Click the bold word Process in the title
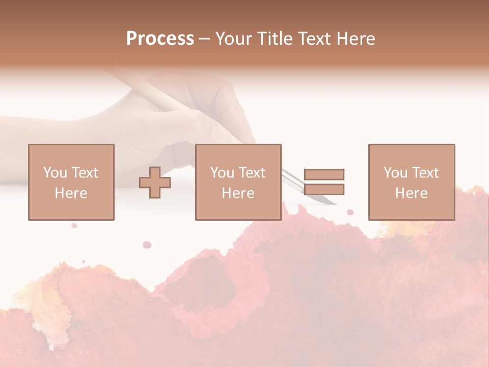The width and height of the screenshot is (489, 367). point(160,38)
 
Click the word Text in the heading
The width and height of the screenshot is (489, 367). point(312,39)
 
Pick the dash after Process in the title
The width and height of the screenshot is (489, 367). point(204,39)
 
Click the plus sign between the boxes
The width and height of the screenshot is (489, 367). point(155,182)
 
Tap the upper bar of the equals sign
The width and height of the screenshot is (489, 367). point(324,174)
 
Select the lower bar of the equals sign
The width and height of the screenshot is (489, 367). point(324,190)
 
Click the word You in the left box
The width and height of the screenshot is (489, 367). point(55,172)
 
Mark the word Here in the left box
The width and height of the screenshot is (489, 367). point(71,193)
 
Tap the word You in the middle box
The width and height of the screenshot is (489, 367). point(222,172)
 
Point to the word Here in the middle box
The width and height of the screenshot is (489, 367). point(238,193)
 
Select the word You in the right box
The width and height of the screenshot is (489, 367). point(395,172)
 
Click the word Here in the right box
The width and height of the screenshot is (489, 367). point(411,193)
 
